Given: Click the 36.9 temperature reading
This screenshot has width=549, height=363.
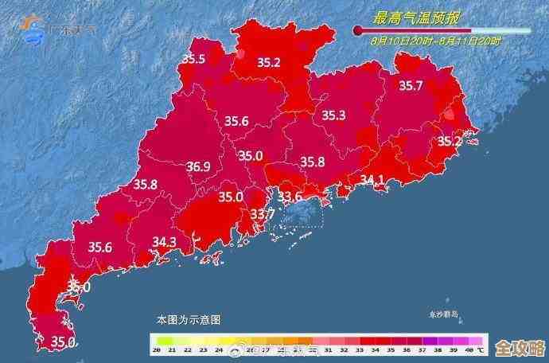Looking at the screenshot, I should coord(198,167).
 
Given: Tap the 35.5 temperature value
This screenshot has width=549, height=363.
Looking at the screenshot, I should coord(193,59).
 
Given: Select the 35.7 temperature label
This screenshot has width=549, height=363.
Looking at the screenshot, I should coord(411,86).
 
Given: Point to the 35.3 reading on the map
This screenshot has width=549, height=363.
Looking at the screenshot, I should coord(333,116).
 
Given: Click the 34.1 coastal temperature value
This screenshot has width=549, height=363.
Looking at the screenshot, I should coord(372,180).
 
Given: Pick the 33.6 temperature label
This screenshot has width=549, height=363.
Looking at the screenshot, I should coord(289,197).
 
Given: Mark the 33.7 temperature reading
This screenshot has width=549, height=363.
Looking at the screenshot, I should coord(263,214).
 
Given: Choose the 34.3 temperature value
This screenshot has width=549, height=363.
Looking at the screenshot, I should coord(164,241).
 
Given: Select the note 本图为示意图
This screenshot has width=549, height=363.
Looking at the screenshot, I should coord(189,319).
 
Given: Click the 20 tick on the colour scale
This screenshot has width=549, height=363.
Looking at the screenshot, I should coord(158,350).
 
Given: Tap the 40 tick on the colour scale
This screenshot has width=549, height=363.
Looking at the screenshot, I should coord(469,350).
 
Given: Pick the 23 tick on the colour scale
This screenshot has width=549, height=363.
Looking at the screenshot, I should coord(204,350).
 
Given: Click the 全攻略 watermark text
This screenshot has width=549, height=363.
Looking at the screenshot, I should coord(518,349).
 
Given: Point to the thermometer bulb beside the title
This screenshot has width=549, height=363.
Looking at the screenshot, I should coord(358,31).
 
